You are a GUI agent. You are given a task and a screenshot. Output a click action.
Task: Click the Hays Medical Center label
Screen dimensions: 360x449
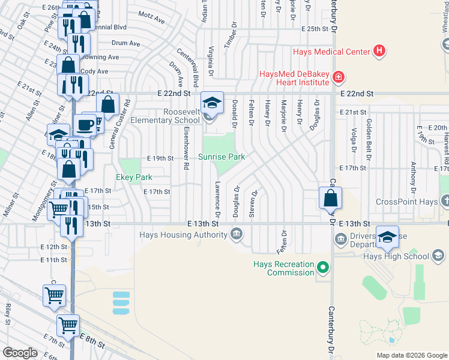tap(331, 52)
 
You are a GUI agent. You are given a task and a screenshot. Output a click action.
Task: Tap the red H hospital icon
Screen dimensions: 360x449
tap(379, 51)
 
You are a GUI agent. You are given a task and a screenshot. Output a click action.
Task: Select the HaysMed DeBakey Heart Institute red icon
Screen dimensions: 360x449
tap(339, 77)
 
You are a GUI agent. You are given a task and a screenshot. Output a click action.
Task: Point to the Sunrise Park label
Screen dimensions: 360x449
tap(222, 157)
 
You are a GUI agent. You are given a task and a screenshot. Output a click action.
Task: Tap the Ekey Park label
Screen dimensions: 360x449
tap(134, 177)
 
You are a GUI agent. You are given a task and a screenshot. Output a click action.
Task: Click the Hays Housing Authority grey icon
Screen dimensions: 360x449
tap(237, 235)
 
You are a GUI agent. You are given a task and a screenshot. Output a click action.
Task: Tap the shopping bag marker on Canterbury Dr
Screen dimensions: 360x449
tap(330, 197)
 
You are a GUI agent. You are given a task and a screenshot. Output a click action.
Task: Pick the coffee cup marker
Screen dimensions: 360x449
tap(84, 124)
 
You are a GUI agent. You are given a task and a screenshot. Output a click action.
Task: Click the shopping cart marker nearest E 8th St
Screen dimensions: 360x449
tap(68, 326)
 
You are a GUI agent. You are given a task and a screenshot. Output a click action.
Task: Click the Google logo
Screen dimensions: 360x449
tap(20, 353)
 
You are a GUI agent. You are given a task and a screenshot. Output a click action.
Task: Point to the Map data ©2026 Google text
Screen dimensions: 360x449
tap(412, 355)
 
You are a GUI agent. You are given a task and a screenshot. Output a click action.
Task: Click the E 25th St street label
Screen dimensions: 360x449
tap(316, 28)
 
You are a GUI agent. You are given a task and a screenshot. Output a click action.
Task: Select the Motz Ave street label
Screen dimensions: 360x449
tap(151, 19)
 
